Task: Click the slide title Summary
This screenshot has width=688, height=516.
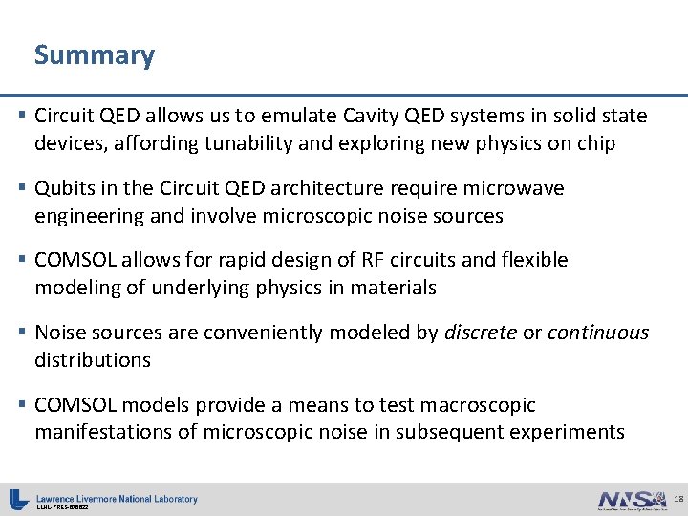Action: [x=94, y=55]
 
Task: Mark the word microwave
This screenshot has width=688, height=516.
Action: [x=516, y=189]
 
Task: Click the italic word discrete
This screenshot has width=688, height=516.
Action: [x=480, y=333]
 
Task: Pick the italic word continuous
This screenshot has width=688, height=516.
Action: [x=598, y=333]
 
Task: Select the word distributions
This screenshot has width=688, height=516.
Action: [x=93, y=360]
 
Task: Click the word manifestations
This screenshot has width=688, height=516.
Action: [x=102, y=432]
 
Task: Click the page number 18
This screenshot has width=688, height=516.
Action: [x=678, y=499]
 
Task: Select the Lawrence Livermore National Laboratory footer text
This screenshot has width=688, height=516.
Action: [x=117, y=499]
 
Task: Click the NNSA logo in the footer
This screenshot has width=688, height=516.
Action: [x=632, y=500]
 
